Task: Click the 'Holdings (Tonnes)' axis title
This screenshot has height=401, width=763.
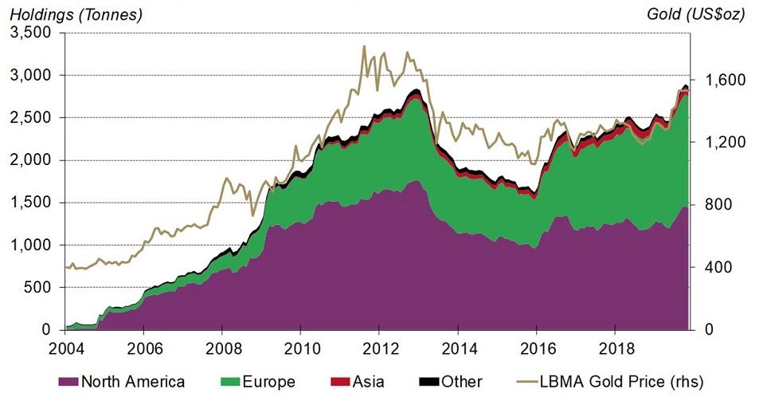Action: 76,13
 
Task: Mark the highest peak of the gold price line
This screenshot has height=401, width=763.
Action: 364,46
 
